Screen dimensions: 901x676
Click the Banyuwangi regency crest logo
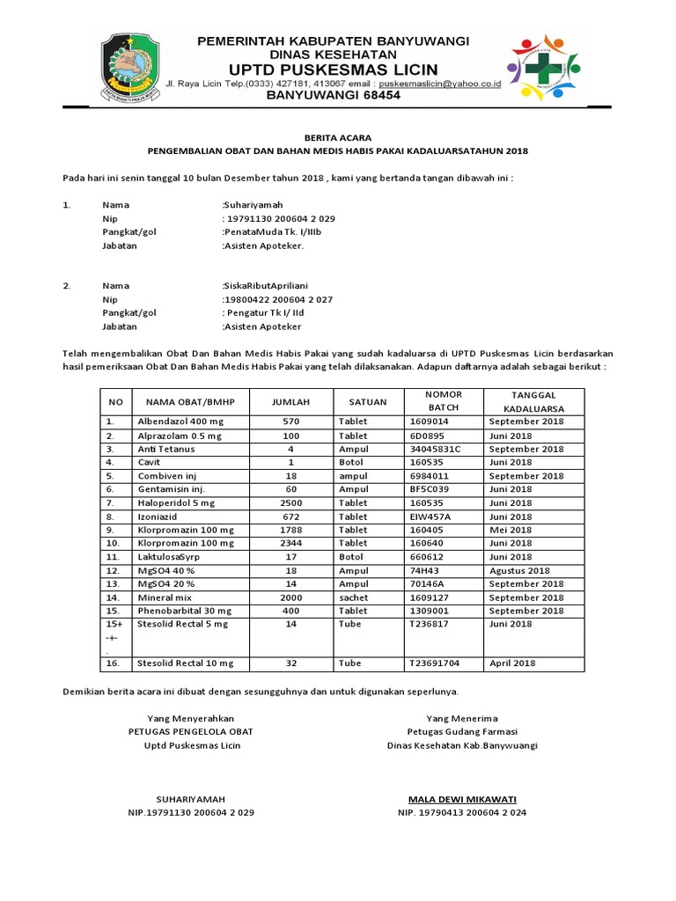click(x=131, y=66)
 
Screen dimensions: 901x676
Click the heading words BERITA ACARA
click(x=338, y=138)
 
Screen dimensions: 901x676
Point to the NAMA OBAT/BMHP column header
click(x=184, y=401)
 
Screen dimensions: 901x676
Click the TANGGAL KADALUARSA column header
click(x=533, y=401)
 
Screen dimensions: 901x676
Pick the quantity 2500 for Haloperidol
click(x=290, y=503)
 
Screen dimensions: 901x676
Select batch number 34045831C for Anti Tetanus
click(x=435, y=449)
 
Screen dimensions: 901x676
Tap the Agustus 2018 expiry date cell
click(x=523, y=570)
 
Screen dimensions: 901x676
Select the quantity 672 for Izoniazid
click(x=290, y=516)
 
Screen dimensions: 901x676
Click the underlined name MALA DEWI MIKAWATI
click(x=462, y=799)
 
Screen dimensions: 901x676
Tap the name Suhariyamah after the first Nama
click(x=253, y=204)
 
